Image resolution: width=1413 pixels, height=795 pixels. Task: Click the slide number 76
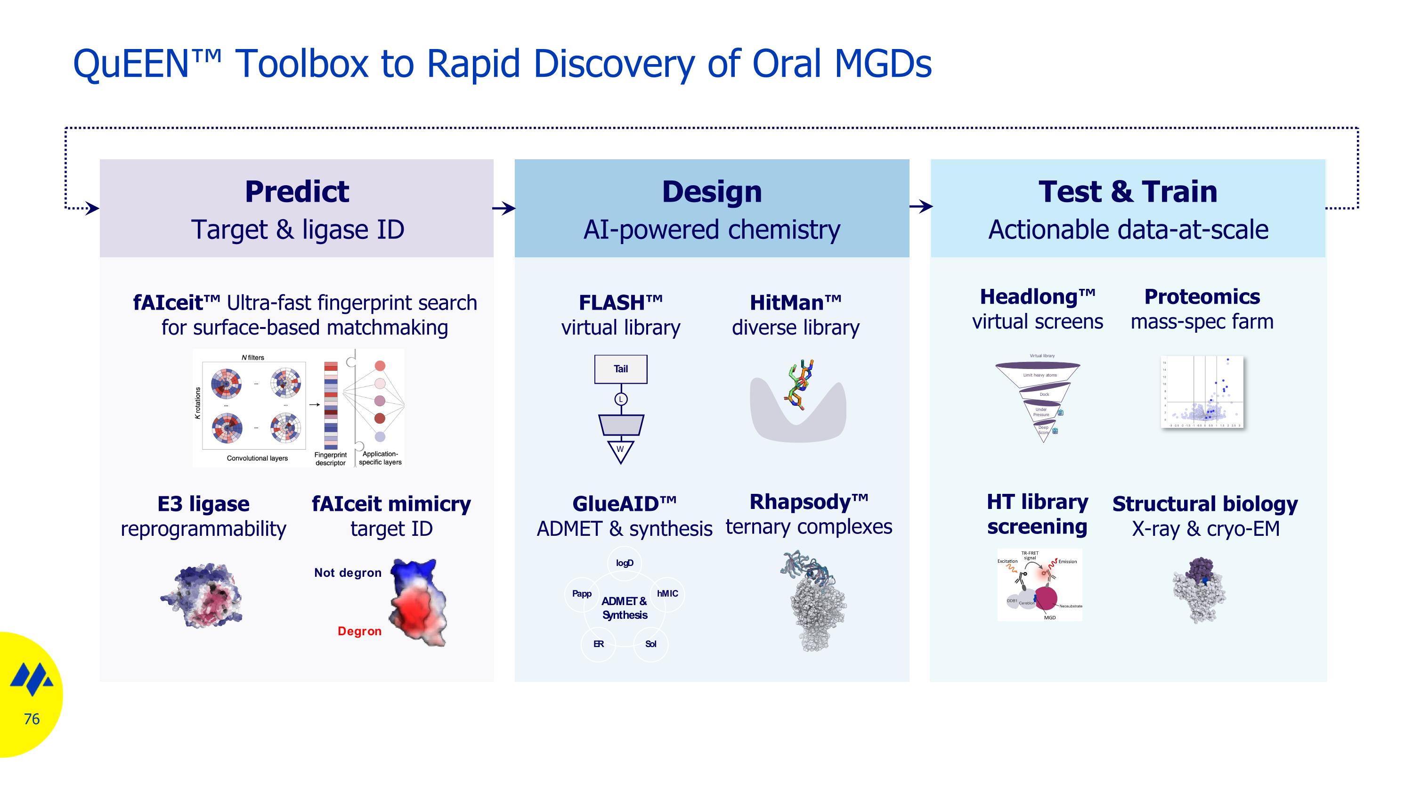(x=32, y=719)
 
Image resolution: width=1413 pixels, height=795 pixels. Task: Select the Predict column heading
(x=297, y=191)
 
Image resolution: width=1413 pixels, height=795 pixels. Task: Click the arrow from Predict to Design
(x=503, y=208)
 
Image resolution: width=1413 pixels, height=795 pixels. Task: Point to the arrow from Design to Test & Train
(x=920, y=207)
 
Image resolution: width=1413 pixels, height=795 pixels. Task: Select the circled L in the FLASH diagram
(x=620, y=400)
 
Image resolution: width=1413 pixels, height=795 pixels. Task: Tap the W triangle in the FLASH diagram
(x=620, y=450)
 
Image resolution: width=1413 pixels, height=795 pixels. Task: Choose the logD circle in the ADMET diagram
(x=624, y=563)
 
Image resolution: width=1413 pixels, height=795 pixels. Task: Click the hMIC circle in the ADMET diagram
(x=667, y=594)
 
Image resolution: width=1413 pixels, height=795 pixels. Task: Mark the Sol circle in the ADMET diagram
(x=650, y=644)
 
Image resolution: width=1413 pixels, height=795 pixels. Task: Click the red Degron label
(x=359, y=631)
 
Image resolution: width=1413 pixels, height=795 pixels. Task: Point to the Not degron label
(x=348, y=573)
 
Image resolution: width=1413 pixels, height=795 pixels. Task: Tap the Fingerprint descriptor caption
(x=330, y=459)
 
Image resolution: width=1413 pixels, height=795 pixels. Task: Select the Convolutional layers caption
(x=257, y=458)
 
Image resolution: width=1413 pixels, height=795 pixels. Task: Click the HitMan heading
(x=796, y=303)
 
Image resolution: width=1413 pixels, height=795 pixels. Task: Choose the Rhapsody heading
(x=809, y=502)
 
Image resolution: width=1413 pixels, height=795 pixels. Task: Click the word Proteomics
(x=1202, y=297)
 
